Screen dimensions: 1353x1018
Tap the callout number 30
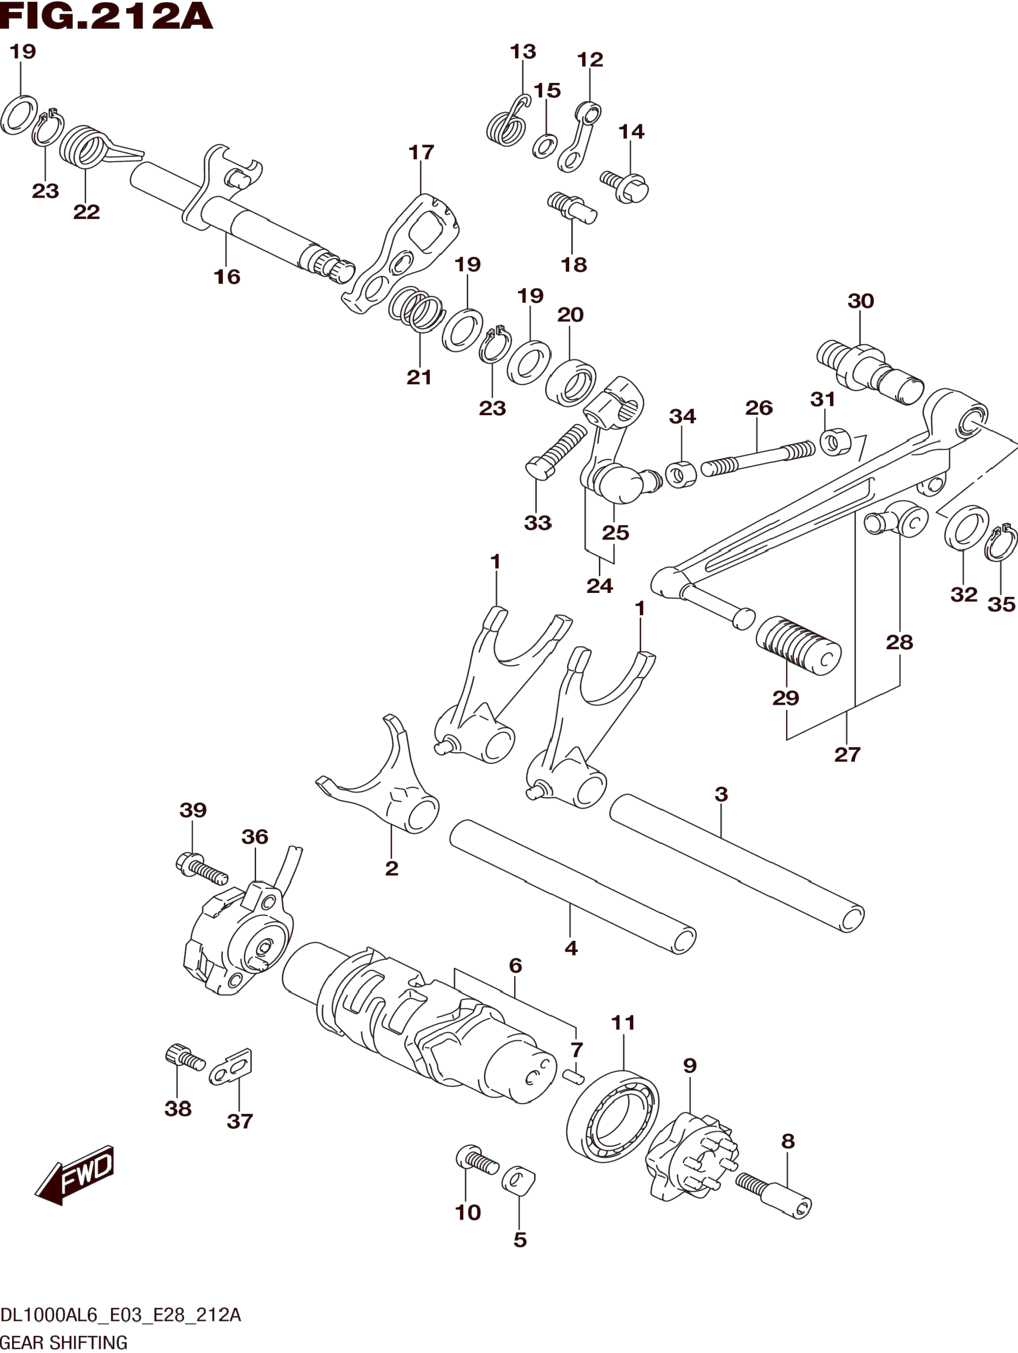click(860, 301)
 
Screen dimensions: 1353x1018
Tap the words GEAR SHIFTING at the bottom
click(64, 1342)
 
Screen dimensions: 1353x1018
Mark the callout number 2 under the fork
click(391, 868)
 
